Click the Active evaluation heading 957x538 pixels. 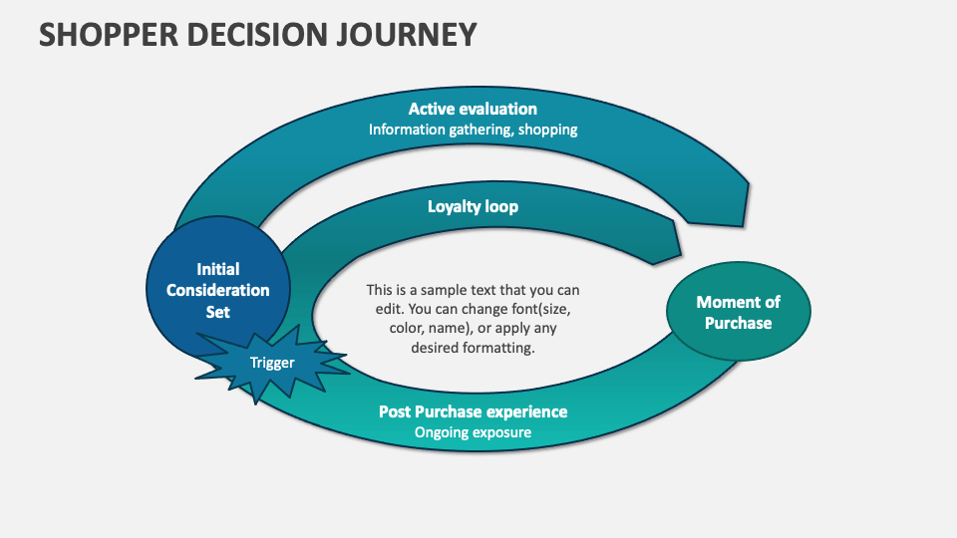[473, 109]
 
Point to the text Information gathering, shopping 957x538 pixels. [473, 130]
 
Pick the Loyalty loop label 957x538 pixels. [473, 207]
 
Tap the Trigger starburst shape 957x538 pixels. [272, 363]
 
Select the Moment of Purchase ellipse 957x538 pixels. [738, 312]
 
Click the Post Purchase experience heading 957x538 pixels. [473, 411]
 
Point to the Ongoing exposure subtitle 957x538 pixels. [473, 432]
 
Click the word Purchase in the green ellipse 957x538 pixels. [738, 323]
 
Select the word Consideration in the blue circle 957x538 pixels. [217, 290]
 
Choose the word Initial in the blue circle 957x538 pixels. [217, 269]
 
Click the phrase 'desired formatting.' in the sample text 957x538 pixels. [473, 348]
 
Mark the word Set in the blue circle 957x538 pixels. [217, 312]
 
